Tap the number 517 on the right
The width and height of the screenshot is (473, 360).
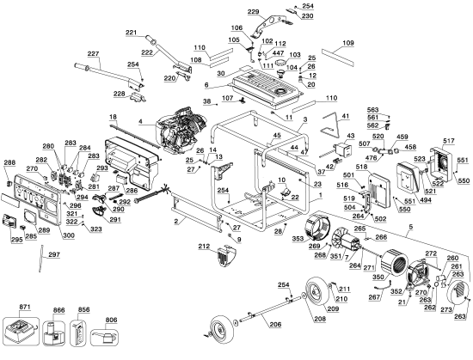(448, 141)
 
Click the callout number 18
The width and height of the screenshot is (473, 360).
(112, 116)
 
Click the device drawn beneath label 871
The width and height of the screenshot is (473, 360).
(20, 330)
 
